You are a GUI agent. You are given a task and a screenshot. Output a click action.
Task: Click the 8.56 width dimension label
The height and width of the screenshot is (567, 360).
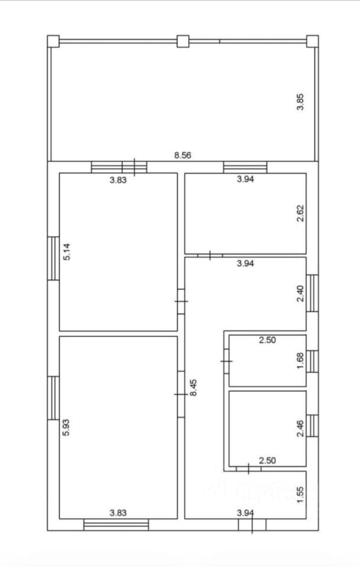pyautogui.click(x=182, y=155)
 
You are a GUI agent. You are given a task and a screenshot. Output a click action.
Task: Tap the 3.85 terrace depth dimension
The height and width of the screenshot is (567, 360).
pyautogui.click(x=300, y=102)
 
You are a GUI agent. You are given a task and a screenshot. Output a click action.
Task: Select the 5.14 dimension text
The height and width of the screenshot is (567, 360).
pyautogui.click(x=67, y=252)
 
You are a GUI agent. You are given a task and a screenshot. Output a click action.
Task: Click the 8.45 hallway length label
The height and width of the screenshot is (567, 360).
pyautogui.click(x=193, y=387)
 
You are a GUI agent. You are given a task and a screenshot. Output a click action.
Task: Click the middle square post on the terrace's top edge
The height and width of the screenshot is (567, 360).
pyautogui.click(x=183, y=41)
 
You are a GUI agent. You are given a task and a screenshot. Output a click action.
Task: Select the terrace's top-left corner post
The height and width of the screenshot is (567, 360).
pyautogui.click(x=53, y=41)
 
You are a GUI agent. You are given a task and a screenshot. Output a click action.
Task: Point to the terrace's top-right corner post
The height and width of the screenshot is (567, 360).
pyautogui.click(x=312, y=41)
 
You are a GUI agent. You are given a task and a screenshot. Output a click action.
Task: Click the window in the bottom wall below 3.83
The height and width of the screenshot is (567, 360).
pyautogui.click(x=116, y=524)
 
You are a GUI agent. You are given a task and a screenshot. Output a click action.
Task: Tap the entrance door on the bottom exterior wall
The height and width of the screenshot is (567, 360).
pyautogui.click(x=252, y=524)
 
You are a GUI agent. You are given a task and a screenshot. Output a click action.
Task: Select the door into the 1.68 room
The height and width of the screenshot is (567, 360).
pyautogui.click(x=226, y=361)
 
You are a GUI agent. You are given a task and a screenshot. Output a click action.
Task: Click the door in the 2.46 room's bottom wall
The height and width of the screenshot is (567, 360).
pyautogui.click(x=248, y=468)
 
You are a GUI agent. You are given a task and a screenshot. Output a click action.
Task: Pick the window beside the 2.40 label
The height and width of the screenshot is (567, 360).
pyautogui.click(x=312, y=293)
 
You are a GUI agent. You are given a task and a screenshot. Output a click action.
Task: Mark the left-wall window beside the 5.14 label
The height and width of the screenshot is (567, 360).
pyautogui.click(x=53, y=258)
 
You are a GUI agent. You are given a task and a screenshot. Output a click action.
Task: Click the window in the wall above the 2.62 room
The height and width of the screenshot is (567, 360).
pyautogui.click(x=245, y=167)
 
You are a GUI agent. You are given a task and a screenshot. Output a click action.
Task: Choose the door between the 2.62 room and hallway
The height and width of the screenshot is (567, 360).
pyautogui.click(x=210, y=256)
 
